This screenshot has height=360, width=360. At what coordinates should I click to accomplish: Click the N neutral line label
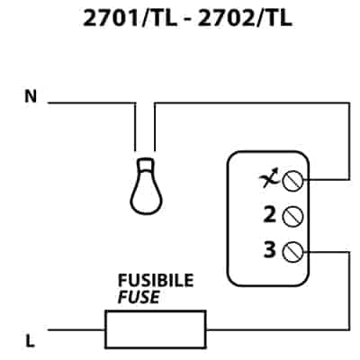click(x=31, y=96)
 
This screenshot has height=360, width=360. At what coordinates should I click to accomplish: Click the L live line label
click(x=30, y=341)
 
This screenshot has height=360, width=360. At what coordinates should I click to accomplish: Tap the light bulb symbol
click(x=146, y=186)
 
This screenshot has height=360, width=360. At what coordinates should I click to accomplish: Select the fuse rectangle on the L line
click(x=156, y=329)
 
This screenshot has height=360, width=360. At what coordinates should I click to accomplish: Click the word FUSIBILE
click(x=156, y=281)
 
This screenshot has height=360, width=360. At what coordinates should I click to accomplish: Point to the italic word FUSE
click(x=139, y=297)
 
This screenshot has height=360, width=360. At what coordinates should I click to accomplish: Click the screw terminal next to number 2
click(x=292, y=217)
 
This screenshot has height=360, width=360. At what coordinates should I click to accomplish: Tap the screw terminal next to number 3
click(x=292, y=252)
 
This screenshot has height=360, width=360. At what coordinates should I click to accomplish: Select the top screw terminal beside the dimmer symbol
click(x=292, y=181)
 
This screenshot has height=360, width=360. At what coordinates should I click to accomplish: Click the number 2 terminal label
click(x=269, y=214)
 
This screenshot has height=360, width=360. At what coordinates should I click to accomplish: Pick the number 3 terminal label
click(x=269, y=249)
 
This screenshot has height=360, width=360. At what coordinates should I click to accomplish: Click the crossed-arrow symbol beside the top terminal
click(x=269, y=179)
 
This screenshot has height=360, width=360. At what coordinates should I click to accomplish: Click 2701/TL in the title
click(x=130, y=19)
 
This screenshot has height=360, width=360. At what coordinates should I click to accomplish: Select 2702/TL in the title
click(x=245, y=19)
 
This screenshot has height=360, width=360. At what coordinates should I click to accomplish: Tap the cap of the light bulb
click(x=146, y=164)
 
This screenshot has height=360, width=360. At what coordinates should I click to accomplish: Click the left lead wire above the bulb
click(x=135, y=127)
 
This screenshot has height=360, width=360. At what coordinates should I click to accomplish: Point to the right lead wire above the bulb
click(x=155, y=127)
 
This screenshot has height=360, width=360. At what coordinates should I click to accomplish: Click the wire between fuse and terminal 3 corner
click(x=278, y=329)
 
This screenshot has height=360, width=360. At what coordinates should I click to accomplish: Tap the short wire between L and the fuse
click(x=76, y=329)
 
